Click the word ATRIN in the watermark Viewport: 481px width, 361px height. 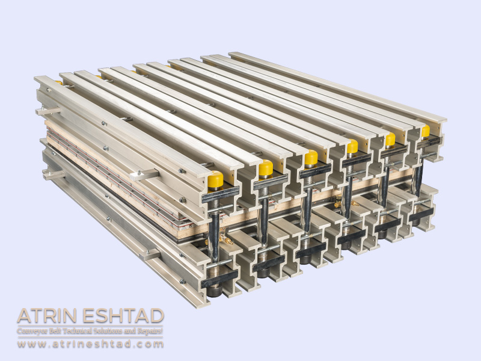pyautogui.click(x=47, y=316)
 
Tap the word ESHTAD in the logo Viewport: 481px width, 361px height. pyautogui.click(x=123, y=316)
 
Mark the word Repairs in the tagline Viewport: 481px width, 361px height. pyautogui.click(x=148, y=331)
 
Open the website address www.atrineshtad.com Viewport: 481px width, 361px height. pyautogui.click(x=90, y=344)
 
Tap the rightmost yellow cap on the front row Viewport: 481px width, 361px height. pyautogui.click(x=426, y=131)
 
